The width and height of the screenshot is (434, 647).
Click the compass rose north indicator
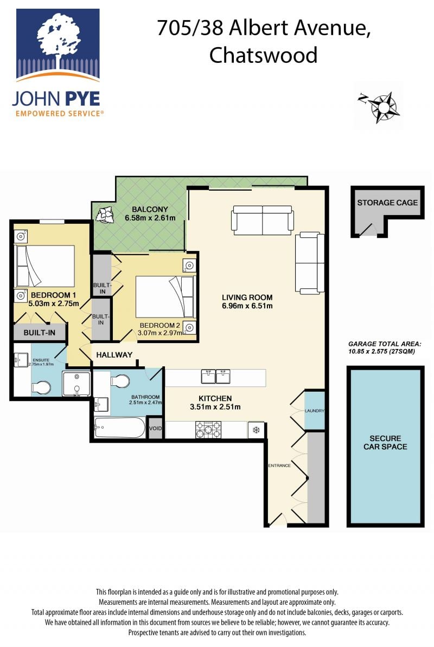coord(362,98)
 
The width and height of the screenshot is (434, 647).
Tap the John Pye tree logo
coord(58,44)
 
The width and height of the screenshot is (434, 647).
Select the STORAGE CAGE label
coord(387,203)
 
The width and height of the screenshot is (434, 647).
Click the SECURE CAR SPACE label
coord(385,442)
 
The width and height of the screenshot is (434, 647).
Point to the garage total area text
coord(385,347)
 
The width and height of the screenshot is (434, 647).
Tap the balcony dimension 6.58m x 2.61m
coord(150,218)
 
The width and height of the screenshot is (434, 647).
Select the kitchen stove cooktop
coord(208,430)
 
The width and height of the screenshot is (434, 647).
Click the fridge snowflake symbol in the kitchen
coord(256,430)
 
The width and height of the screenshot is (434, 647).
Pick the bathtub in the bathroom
coord(120,428)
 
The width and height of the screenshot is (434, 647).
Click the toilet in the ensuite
coord(41,387)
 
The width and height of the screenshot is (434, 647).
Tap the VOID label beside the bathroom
coord(155,428)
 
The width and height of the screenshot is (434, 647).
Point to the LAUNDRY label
coord(315,411)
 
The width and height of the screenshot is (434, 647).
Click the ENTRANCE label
coord(279,465)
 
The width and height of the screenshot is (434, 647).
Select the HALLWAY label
coord(114,354)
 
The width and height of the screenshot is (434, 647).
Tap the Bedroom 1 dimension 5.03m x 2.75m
coord(54,303)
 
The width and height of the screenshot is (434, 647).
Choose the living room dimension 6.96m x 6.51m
coord(247,306)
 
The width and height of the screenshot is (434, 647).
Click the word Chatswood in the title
coord(264,55)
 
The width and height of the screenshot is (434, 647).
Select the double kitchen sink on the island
coord(215,377)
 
